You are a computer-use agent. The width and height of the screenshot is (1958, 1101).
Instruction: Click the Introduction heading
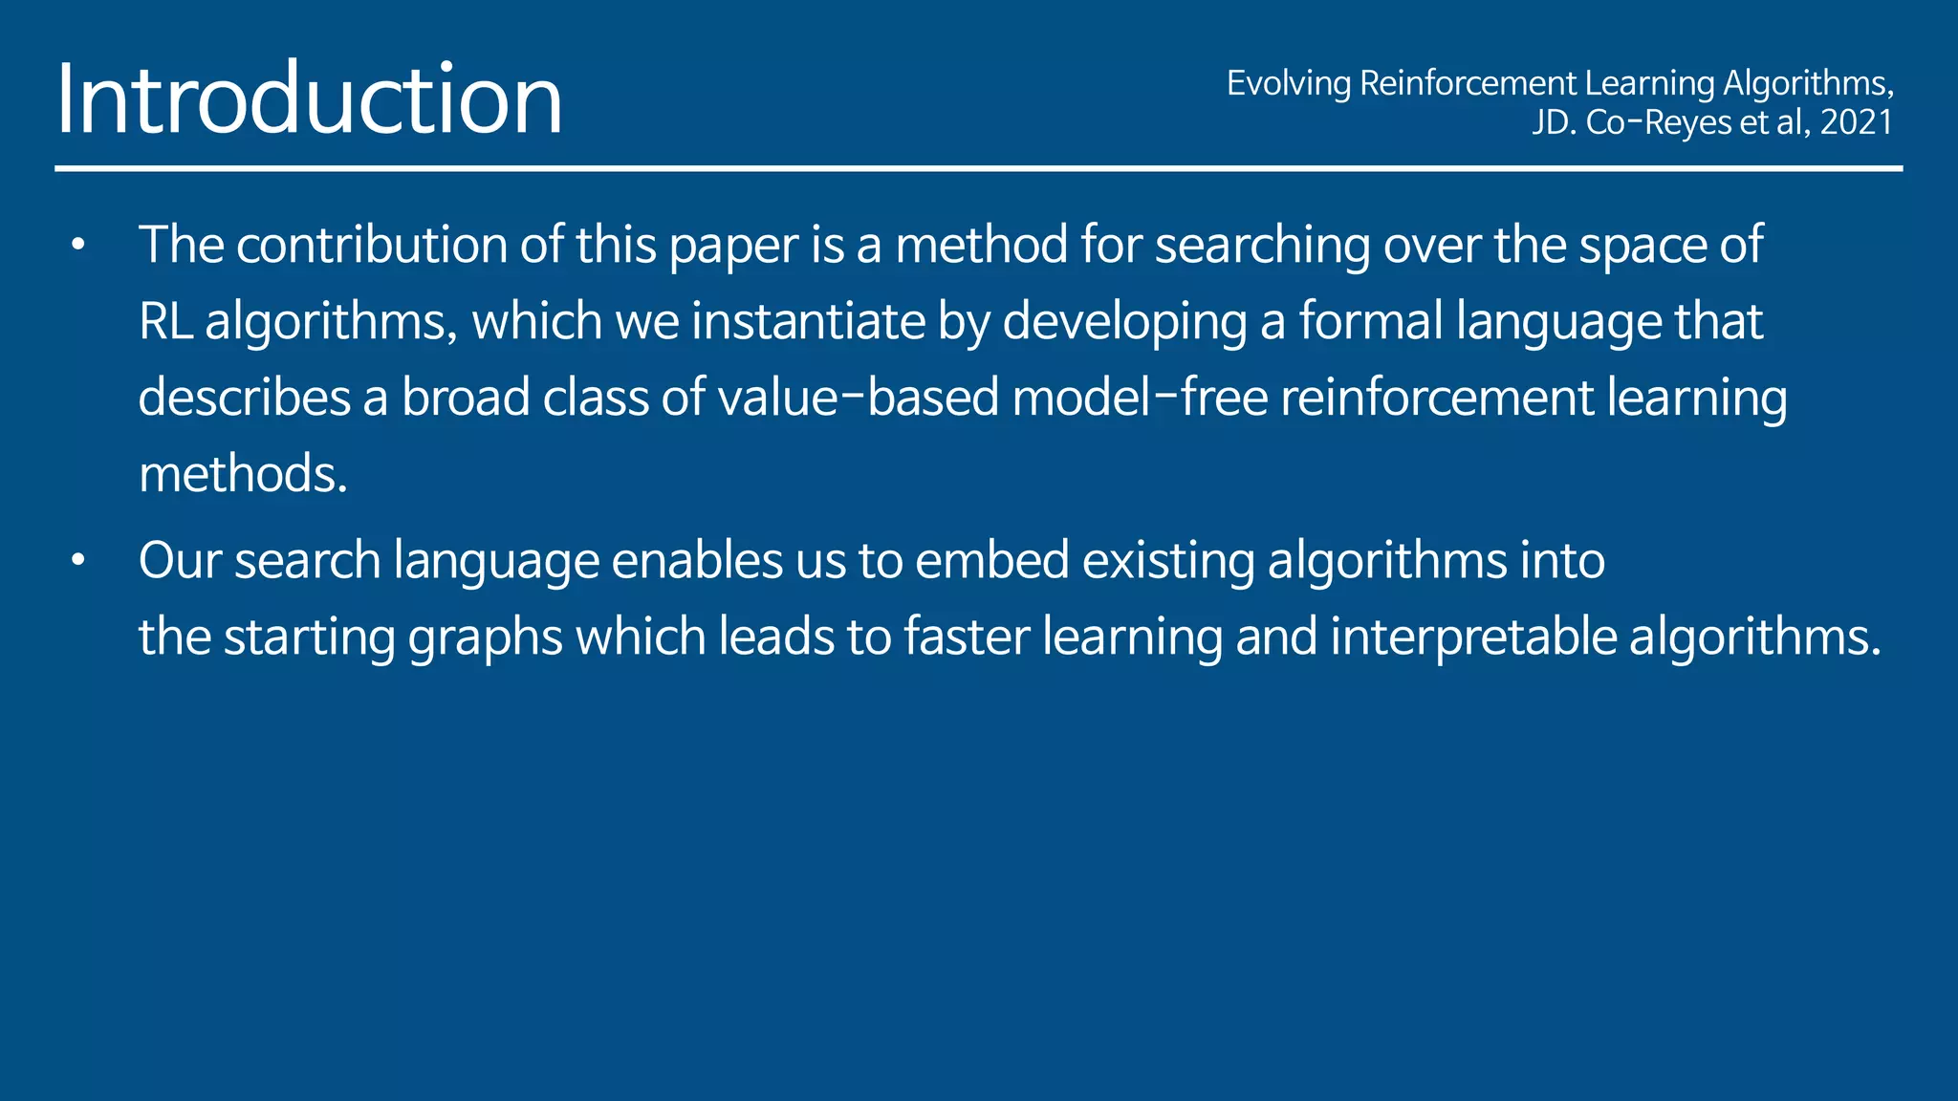coord(309,98)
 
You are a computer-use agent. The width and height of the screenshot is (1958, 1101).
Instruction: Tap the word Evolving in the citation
coord(1288,83)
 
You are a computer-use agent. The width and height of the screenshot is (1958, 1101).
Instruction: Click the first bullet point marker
coord(78,246)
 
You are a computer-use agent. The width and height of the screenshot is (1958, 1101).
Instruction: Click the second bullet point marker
coord(78,561)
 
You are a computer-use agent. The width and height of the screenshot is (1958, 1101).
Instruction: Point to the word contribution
coord(372,245)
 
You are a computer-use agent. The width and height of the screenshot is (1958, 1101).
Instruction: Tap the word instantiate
coord(808,321)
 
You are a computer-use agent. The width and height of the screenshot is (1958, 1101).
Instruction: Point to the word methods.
coord(242,474)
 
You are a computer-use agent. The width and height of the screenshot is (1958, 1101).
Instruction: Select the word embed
coord(991,560)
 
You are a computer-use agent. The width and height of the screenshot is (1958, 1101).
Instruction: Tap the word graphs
coord(485,638)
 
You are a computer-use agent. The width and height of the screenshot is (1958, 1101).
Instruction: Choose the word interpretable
coord(1473,638)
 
